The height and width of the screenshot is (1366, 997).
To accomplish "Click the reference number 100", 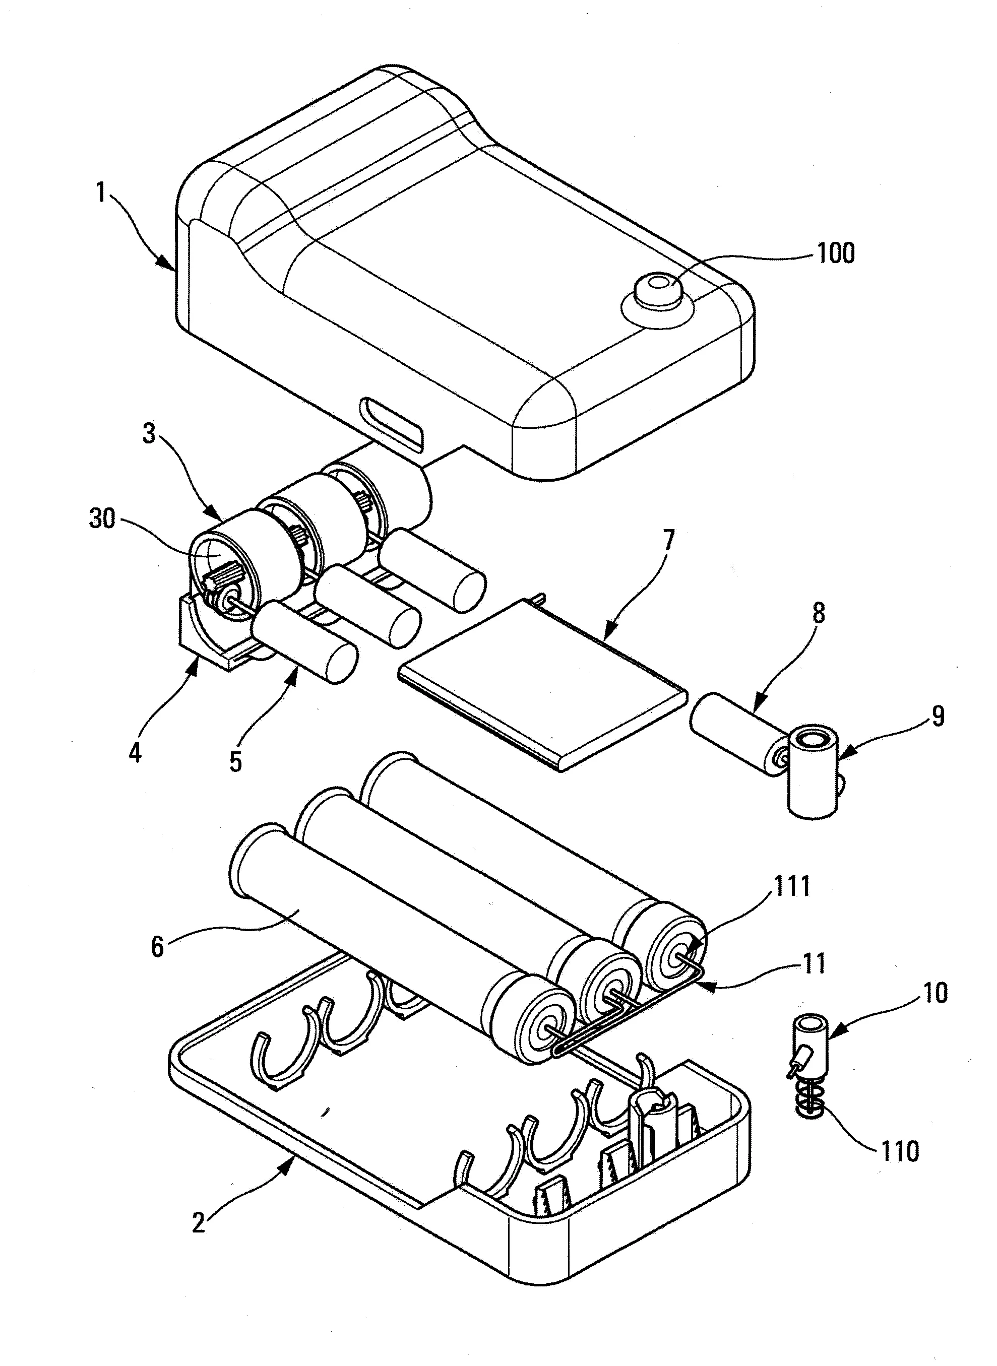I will coord(835,254).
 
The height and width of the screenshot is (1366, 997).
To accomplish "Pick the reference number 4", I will coord(135,752).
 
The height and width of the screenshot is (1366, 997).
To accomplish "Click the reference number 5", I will coord(236,762).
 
